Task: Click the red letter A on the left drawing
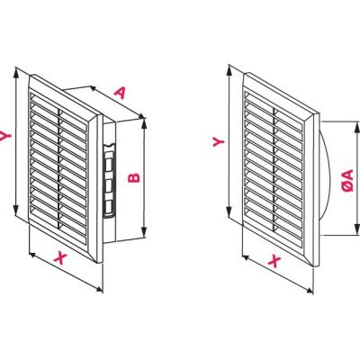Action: [x=120, y=93]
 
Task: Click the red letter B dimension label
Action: [x=134, y=177]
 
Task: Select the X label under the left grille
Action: [x=60, y=257]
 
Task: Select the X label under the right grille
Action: [x=274, y=261]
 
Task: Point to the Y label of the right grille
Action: [x=219, y=140]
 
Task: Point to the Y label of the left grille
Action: [x=5, y=136]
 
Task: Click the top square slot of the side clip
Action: [x=108, y=165]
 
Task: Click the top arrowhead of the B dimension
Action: [x=145, y=123]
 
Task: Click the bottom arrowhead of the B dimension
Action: [x=145, y=232]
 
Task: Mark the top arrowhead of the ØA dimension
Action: [x=356, y=127]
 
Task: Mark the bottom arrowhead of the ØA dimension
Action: [x=356, y=229]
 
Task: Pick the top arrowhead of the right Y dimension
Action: [x=229, y=70]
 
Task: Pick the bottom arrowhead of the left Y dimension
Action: [x=16, y=211]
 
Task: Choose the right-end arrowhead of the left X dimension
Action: [x=98, y=289]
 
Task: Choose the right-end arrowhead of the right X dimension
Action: [x=309, y=290]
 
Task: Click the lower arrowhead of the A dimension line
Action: [x=141, y=116]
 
